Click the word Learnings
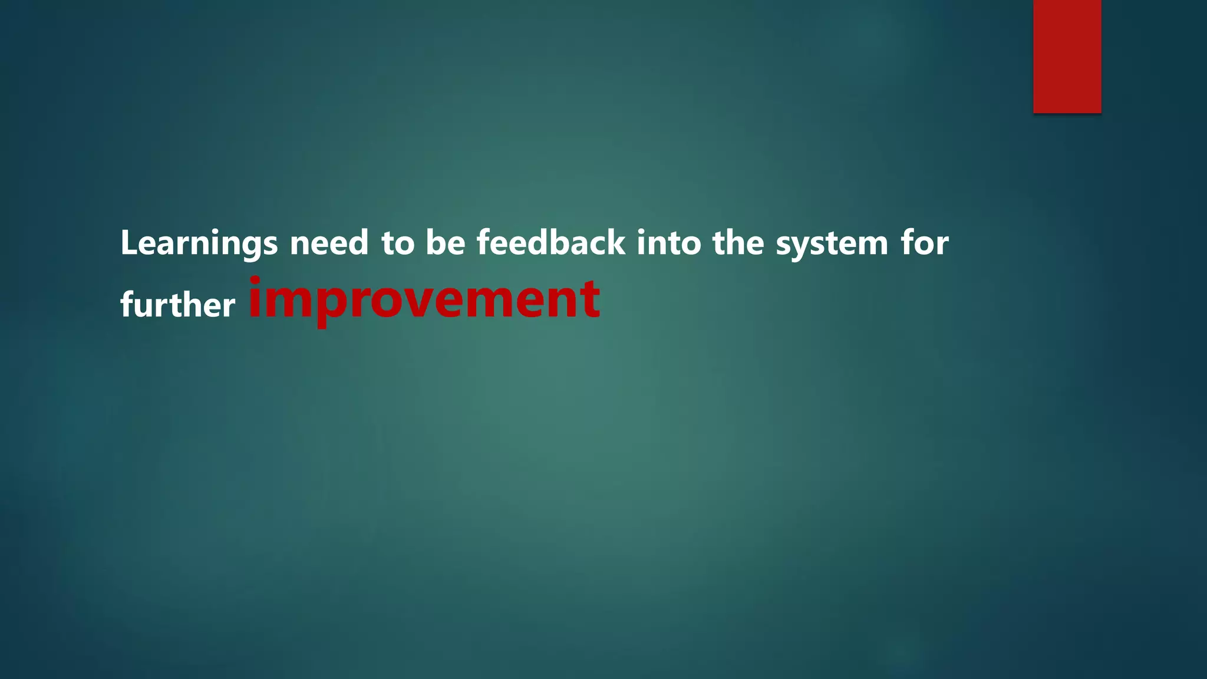tap(199, 243)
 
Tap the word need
tap(329, 243)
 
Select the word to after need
tap(398, 243)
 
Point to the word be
tap(446, 243)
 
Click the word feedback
tap(551, 243)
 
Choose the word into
tap(669, 243)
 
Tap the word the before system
tap(738, 243)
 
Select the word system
tap(832, 244)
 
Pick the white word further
tap(177, 305)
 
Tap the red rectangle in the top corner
tap(1067, 57)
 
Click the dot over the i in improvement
tap(255, 280)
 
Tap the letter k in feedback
tap(615, 242)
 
